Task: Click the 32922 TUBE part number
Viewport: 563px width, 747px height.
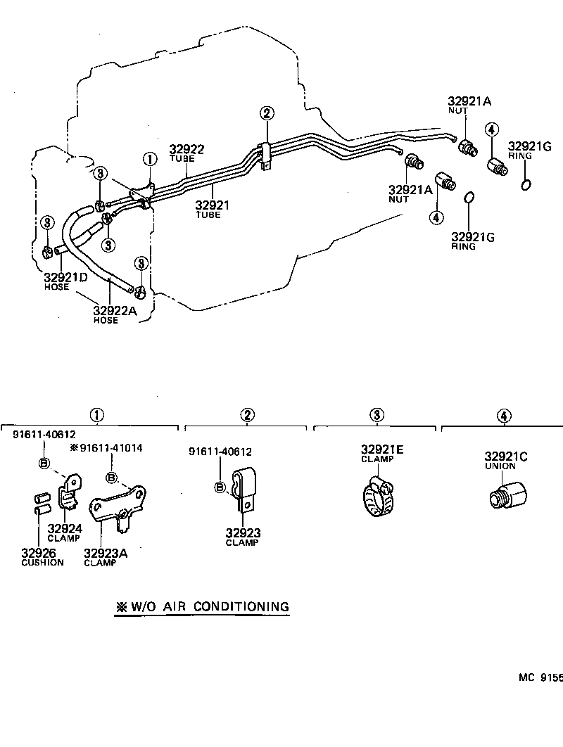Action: click(x=186, y=150)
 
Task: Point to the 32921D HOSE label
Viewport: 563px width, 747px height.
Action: click(x=65, y=278)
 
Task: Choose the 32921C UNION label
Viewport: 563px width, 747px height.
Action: click(x=505, y=457)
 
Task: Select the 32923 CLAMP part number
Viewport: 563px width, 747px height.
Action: click(x=243, y=533)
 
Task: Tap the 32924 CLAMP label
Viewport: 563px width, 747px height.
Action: click(x=65, y=530)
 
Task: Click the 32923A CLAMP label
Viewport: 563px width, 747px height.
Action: click(x=106, y=554)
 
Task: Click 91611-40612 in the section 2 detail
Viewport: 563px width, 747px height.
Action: click(x=220, y=452)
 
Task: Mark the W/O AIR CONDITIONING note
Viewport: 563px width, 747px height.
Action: click(x=203, y=606)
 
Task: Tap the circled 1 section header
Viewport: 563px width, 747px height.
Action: click(x=96, y=416)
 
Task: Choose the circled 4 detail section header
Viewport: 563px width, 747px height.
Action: click(x=503, y=416)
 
